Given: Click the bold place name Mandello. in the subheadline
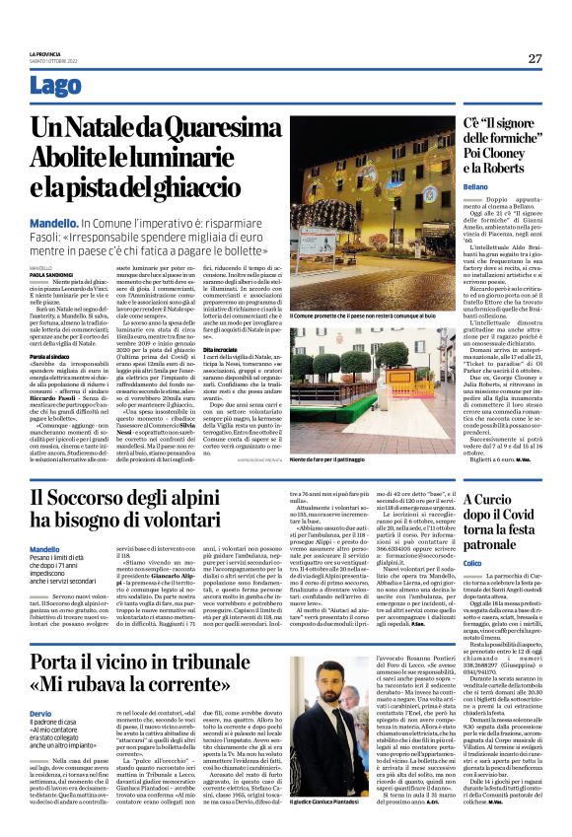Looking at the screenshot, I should tap(55, 226).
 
